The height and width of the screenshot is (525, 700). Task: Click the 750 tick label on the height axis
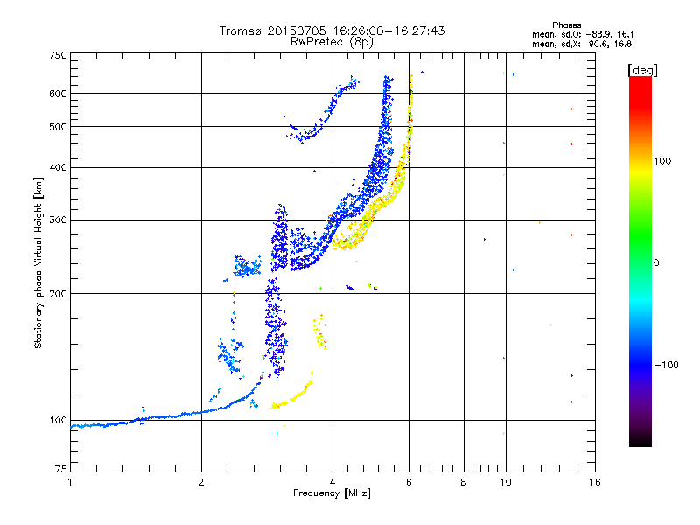[58, 55]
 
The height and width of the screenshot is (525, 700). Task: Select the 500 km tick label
[58, 127]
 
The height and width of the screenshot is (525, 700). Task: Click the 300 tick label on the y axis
[58, 220]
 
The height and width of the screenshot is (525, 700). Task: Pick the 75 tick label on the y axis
[60, 472]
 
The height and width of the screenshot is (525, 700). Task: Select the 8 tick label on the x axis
[464, 482]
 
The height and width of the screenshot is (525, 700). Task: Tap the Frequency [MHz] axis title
[332, 493]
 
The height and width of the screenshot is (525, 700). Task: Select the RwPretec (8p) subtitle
[332, 41]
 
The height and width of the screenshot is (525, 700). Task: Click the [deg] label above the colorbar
[642, 69]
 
